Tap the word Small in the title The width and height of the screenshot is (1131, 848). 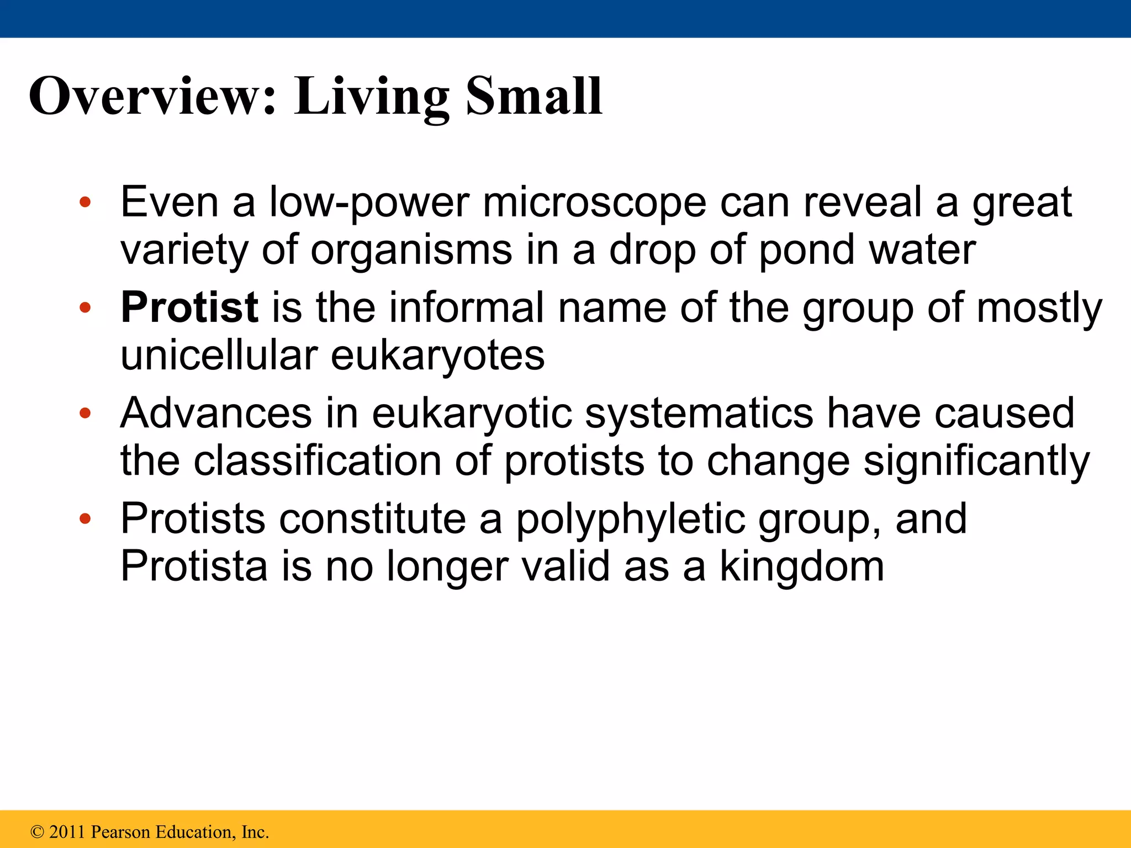(533, 97)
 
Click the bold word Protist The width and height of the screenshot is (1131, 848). (189, 307)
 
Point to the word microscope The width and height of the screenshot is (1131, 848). (594, 203)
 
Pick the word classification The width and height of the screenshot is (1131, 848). (317, 460)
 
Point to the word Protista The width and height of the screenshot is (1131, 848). (194, 566)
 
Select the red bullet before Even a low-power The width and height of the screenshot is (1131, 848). (84, 203)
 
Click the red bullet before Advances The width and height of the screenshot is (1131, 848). (84, 413)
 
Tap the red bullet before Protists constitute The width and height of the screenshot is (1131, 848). (84, 519)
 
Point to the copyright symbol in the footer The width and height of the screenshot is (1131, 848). (37, 832)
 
